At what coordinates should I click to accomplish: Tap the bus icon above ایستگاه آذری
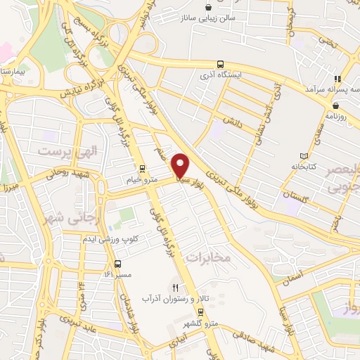tap(221, 63)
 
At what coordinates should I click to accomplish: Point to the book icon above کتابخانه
tap(304, 155)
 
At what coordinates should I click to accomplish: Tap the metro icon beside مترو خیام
tap(142, 169)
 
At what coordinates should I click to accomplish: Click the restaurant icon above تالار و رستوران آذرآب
tap(176, 288)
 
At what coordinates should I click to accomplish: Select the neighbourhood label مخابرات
tap(209, 258)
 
